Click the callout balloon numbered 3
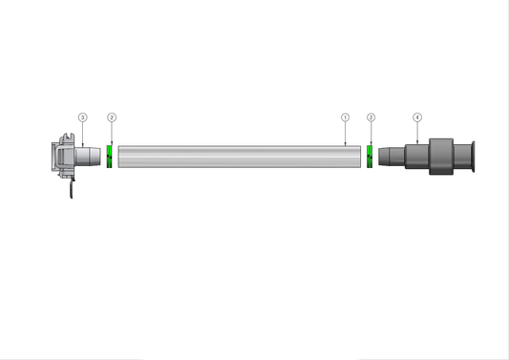pyautogui.click(x=82, y=117)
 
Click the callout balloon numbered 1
pyautogui.click(x=346, y=117)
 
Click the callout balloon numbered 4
pyautogui.click(x=417, y=117)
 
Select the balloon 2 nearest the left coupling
pyautogui.click(x=112, y=117)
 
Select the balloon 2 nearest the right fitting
pyautogui.click(x=371, y=117)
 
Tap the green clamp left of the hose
pyautogui.click(x=110, y=156)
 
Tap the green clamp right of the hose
pyautogui.click(x=369, y=156)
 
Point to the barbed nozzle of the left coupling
pyautogui.click(x=90, y=156)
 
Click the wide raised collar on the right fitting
pyautogui.click(x=438, y=156)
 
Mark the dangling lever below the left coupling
pyautogui.click(x=71, y=190)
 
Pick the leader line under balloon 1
pyautogui.click(x=346, y=134)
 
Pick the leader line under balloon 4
pyautogui.click(x=417, y=133)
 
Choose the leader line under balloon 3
pyautogui.click(x=82, y=133)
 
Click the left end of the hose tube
pyautogui.click(x=120, y=157)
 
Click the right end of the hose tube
pyautogui.click(x=358, y=157)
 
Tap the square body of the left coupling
pyautogui.click(x=63, y=157)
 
